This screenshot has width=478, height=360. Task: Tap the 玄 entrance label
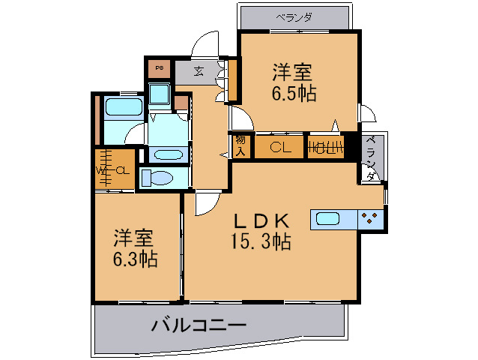coord(199,72)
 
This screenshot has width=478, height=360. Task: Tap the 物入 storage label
coord(240,145)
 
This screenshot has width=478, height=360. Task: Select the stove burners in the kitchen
coord(369,218)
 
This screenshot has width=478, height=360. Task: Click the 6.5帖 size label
coord(293,94)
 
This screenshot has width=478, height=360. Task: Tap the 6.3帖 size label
coord(135,259)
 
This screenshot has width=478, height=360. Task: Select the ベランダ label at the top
coord(294,16)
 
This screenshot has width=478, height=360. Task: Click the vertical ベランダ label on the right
coord(371,159)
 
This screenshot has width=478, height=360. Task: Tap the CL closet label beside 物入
coord(280,147)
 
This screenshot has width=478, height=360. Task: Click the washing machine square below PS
coord(159,94)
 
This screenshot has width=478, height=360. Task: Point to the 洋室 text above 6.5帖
coord(292,73)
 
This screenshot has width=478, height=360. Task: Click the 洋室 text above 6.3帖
coord(134,238)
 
